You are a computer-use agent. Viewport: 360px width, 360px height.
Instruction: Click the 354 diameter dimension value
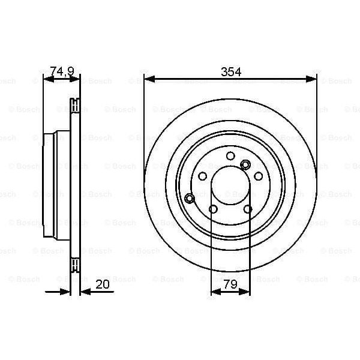(230, 72)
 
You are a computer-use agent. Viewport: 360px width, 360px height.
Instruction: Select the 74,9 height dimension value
(62, 72)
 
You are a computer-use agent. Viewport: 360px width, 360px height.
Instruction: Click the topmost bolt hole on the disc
(230, 156)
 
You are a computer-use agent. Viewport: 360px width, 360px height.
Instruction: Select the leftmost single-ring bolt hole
(202, 176)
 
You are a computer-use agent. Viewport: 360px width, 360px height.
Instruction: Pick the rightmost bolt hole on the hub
(259, 176)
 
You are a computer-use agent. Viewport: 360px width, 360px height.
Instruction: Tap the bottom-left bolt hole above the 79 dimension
(213, 209)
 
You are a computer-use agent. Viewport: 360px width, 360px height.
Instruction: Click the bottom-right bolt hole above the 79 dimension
(248, 209)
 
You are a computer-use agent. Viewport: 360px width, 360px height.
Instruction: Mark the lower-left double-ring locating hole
(190, 198)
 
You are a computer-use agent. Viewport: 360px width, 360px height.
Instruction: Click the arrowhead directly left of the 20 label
(83, 291)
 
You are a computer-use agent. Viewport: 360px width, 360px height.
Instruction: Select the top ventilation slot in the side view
(75, 106)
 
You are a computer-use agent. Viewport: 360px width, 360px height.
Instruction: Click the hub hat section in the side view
(54, 185)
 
